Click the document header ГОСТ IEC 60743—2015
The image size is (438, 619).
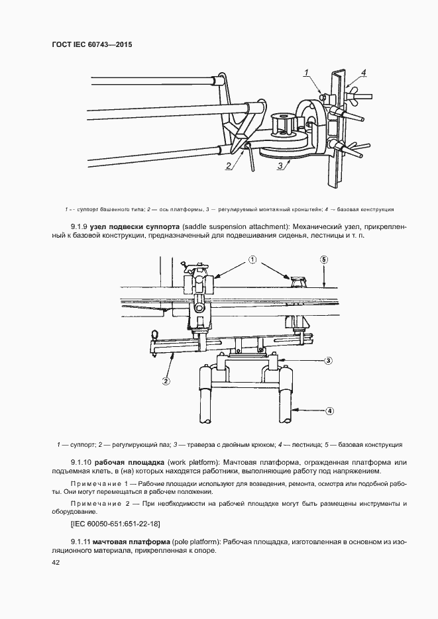point(88,45)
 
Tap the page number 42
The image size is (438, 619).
point(55,562)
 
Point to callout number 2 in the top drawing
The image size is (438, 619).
point(228,166)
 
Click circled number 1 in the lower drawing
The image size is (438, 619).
point(252,260)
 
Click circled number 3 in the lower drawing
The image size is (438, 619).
point(327,361)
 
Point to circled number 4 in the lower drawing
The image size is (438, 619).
point(329,410)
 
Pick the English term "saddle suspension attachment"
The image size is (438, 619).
point(240,226)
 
